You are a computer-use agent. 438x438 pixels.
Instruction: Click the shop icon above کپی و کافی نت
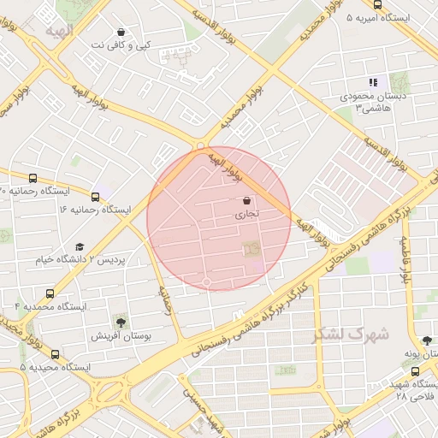pos(120,31)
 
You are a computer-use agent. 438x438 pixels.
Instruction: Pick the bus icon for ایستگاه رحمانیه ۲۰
pos(33,178)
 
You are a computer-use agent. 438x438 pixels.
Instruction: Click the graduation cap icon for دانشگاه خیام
pos(80,246)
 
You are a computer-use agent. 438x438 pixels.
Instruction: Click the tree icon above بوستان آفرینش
pos(121,323)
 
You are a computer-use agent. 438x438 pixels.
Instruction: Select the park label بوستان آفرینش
pos(121,337)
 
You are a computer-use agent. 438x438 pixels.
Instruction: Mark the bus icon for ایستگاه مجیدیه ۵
pos(56,354)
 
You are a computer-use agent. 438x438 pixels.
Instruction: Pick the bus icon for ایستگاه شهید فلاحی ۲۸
pos(416,372)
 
